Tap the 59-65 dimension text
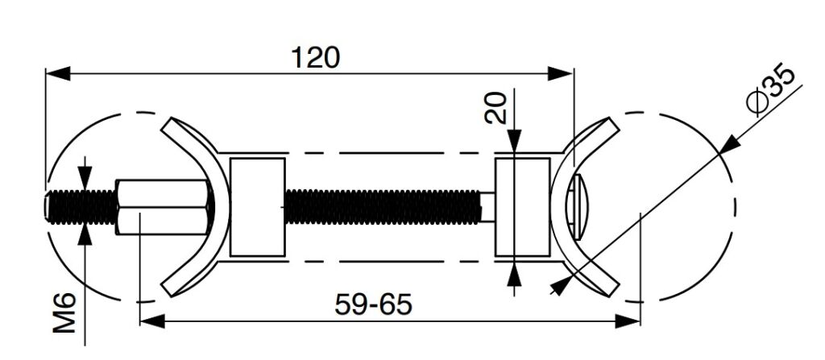click(372, 304)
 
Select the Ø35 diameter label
click(770, 91)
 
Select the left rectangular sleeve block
click(258, 207)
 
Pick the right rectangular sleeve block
click(521, 207)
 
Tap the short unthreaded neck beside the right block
click(487, 207)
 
